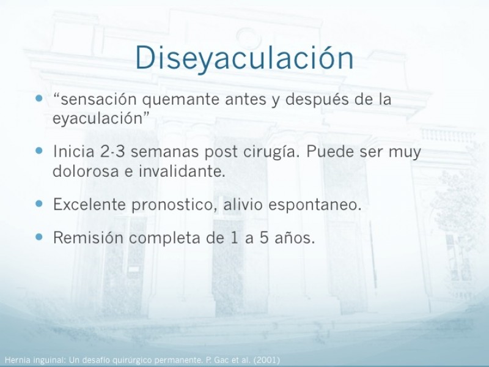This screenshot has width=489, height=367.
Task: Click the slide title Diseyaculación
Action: click(x=244, y=58)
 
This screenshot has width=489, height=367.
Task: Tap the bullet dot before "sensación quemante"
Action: click(x=39, y=98)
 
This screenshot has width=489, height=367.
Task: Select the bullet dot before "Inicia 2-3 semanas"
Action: click(x=39, y=151)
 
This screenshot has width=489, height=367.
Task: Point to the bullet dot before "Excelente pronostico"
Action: click(x=39, y=204)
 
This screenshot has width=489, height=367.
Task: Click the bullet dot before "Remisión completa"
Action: click(x=39, y=237)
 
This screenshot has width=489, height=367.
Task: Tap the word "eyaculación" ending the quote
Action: click(x=97, y=119)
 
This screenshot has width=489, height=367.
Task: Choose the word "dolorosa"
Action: click(x=86, y=171)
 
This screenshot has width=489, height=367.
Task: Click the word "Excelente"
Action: click(x=90, y=204)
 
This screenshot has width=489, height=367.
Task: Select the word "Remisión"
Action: click(x=88, y=237)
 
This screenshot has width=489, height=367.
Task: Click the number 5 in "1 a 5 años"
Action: click(x=264, y=238)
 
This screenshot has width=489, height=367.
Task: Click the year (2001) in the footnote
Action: click(x=267, y=360)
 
